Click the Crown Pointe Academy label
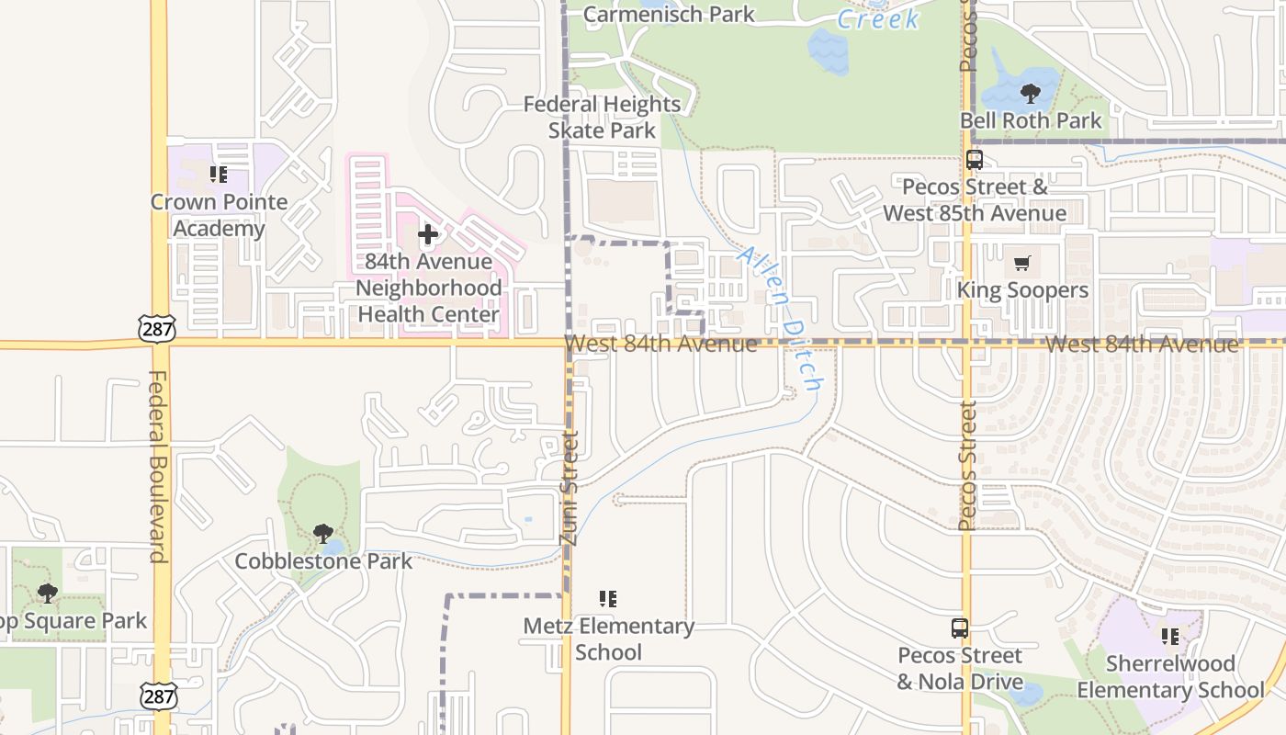pos(219,215)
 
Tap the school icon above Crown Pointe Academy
pos(219,174)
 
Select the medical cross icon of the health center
pos(428,235)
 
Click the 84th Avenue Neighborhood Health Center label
pos(428,288)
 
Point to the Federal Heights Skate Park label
pos(603,118)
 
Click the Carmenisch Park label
pos(669,14)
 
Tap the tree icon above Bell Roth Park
pos(1031,93)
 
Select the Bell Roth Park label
pos(1031,120)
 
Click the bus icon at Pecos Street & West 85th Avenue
pos(975,160)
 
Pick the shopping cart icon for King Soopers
pos(1021,265)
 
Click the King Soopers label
pos(1022,290)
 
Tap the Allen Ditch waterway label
pos(781,319)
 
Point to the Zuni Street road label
pos(570,488)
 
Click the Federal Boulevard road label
pos(157,466)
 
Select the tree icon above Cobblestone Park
pos(322,534)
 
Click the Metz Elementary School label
pos(608,639)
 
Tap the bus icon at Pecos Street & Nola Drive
pos(960,628)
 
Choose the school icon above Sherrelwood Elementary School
pos(1170,636)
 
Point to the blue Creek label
pos(877,18)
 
